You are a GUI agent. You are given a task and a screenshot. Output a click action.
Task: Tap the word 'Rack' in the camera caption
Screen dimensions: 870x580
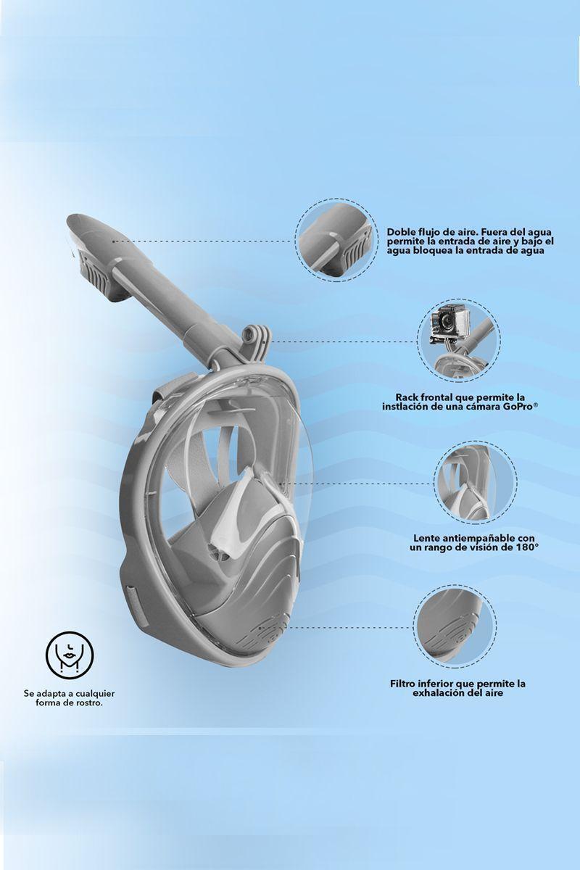[407, 397]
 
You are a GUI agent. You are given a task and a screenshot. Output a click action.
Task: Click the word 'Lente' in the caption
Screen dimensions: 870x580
[428, 537]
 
